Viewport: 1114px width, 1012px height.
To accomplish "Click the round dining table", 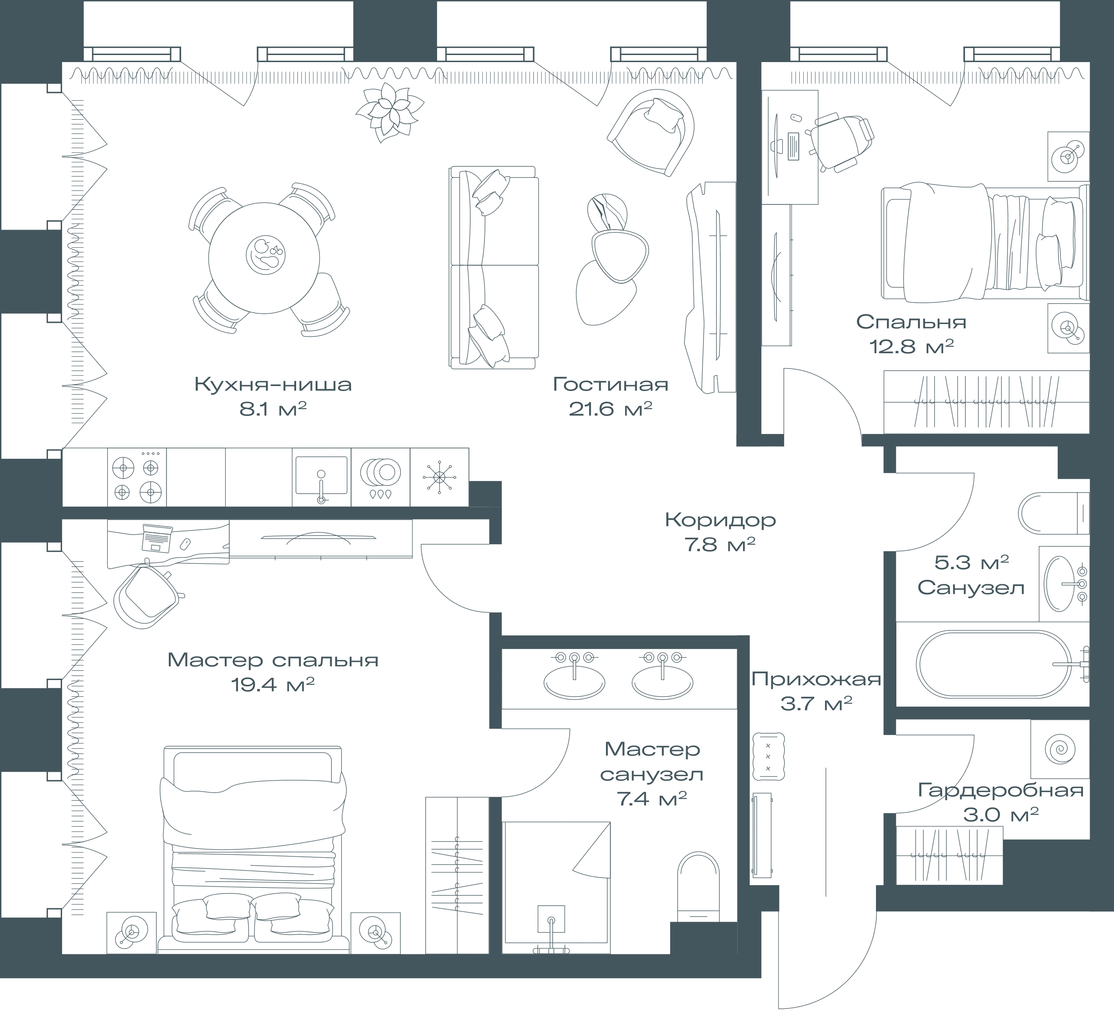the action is pyautogui.click(x=264, y=258).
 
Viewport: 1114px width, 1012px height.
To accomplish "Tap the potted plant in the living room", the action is pyautogui.click(x=390, y=112).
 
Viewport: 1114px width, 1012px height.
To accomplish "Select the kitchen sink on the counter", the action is pyautogui.click(x=321, y=477).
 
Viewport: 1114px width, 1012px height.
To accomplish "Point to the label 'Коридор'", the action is pyautogui.click(x=720, y=520).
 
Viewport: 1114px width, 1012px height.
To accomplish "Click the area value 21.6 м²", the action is pyautogui.click(x=610, y=410).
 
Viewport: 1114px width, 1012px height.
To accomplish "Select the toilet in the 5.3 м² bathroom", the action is pyautogui.click(x=1053, y=513).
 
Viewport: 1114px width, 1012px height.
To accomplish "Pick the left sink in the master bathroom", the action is pyautogui.click(x=574, y=676).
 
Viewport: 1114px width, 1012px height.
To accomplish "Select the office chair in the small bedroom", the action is pyautogui.click(x=840, y=141).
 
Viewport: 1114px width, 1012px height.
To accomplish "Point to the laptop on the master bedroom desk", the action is pyautogui.click(x=157, y=538).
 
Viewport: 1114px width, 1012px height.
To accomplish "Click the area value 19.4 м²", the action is pyautogui.click(x=273, y=685).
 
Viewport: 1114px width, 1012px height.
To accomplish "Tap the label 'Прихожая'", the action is pyautogui.click(x=816, y=679).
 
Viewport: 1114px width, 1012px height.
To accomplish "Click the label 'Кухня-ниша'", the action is pyautogui.click(x=273, y=384).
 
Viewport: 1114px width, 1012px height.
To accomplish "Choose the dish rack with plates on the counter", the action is pyautogui.click(x=380, y=477).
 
